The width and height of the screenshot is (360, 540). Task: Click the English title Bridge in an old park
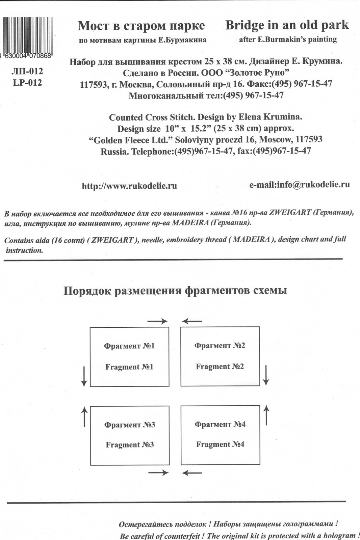(287, 25)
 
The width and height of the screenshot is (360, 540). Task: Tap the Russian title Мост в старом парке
(141, 26)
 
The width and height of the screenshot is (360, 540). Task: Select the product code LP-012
(27, 83)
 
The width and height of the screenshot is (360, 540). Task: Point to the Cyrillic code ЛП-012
(27, 71)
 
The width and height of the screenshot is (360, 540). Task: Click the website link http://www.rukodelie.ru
(129, 186)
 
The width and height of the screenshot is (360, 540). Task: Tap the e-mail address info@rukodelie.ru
(299, 185)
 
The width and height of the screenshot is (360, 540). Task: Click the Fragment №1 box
(129, 356)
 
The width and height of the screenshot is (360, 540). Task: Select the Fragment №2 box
(220, 356)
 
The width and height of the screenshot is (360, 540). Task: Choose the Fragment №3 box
(129, 435)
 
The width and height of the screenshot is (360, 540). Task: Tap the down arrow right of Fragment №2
(266, 375)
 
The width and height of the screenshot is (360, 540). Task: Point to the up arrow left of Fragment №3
(84, 416)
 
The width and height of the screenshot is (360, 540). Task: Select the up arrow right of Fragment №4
(266, 415)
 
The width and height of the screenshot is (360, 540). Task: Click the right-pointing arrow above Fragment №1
(158, 321)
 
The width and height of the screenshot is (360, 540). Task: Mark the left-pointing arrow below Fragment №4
(192, 473)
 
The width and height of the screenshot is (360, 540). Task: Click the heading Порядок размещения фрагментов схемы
(175, 291)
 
